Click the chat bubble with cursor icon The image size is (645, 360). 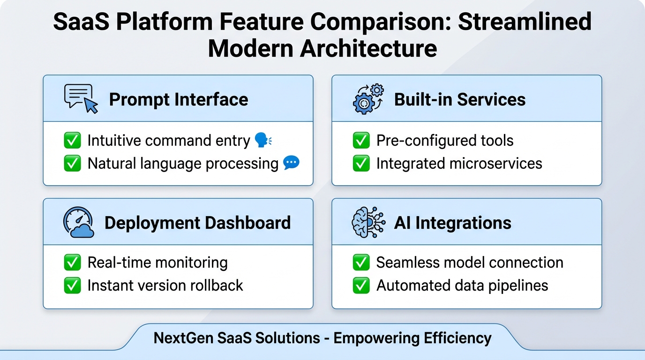pyautogui.click(x=81, y=99)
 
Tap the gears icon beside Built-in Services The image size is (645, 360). pyautogui.click(x=368, y=99)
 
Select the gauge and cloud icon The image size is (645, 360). pyautogui.click(x=78, y=222)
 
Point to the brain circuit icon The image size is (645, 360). pyautogui.click(x=368, y=222)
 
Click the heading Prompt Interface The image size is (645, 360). pyautogui.click(x=179, y=99)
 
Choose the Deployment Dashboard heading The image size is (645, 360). pyautogui.click(x=197, y=223)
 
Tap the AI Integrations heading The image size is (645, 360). pyautogui.click(x=452, y=223)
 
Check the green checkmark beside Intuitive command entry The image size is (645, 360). pyautogui.click(x=72, y=141)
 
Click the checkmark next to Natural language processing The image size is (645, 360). pyautogui.click(x=72, y=164)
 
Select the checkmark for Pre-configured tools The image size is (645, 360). pyautogui.click(x=361, y=141)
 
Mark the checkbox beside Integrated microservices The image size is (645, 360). pyautogui.click(x=361, y=164)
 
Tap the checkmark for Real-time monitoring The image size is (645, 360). pyautogui.click(x=72, y=262)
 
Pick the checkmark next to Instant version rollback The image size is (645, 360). pyautogui.click(x=72, y=285)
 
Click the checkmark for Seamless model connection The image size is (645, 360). pyautogui.click(x=361, y=262)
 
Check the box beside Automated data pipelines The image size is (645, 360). pyautogui.click(x=361, y=285)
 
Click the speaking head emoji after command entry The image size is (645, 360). pyautogui.click(x=263, y=140)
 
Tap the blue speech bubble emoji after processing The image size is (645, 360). pyautogui.click(x=291, y=163)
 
